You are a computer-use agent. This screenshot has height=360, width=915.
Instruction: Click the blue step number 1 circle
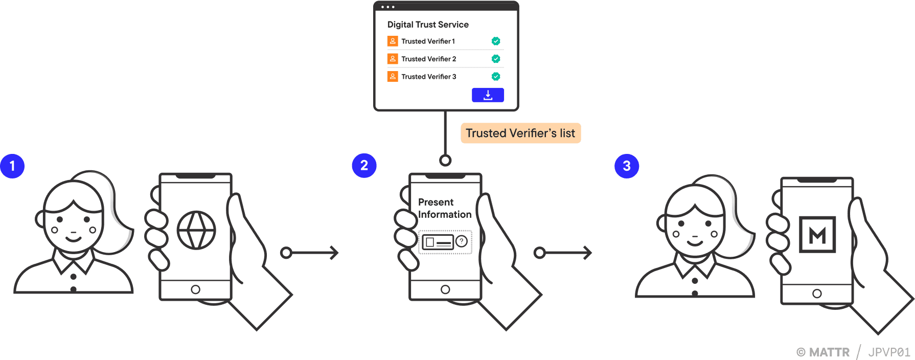(x=12, y=166)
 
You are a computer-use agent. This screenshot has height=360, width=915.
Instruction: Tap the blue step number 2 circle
(x=364, y=166)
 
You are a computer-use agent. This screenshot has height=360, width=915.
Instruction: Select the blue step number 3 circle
(x=626, y=166)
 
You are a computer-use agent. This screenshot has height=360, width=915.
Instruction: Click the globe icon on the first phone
(x=196, y=230)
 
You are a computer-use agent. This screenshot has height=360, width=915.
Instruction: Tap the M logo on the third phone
(x=817, y=235)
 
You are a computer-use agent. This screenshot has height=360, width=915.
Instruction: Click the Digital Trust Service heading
(x=428, y=25)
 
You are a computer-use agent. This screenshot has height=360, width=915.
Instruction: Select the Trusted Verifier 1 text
(x=428, y=41)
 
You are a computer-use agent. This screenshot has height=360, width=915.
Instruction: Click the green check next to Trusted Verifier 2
(x=495, y=59)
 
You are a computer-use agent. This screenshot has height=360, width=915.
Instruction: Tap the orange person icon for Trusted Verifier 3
(x=393, y=77)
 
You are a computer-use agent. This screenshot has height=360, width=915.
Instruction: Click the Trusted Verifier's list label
(x=520, y=133)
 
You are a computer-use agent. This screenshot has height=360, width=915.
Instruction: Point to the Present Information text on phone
(x=444, y=208)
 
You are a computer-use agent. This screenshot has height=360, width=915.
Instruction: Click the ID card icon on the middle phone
(x=438, y=242)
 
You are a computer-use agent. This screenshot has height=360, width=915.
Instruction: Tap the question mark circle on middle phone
(x=462, y=241)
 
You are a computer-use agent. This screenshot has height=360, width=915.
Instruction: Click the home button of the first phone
(x=195, y=289)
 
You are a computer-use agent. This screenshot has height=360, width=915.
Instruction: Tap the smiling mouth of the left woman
(x=73, y=239)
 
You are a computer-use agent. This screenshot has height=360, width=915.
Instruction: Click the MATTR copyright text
(x=823, y=352)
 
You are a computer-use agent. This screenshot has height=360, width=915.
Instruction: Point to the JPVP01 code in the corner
(x=889, y=352)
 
